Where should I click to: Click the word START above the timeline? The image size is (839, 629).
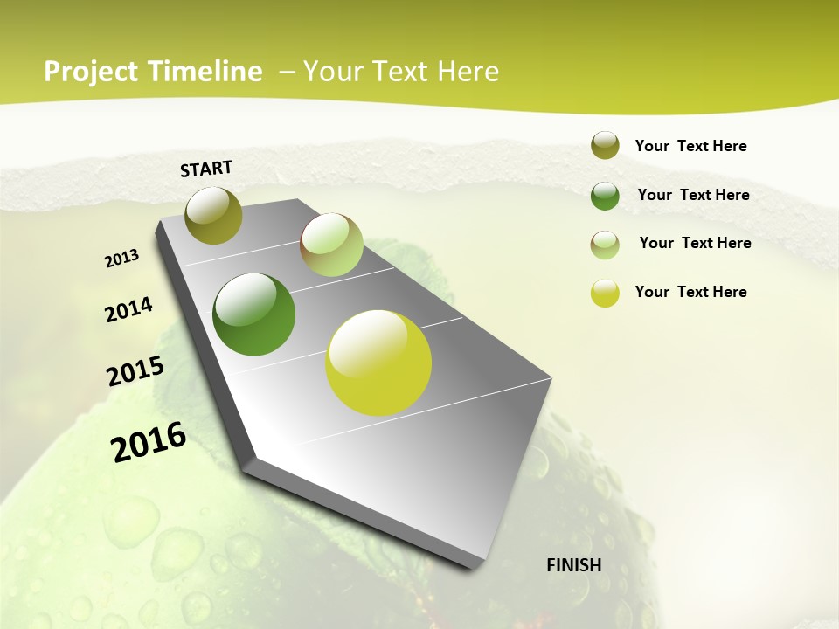(x=206, y=169)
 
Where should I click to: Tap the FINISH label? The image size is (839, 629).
(x=574, y=565)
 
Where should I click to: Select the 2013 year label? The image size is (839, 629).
(x=122, y=259)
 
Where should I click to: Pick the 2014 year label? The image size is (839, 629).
(x=128, y=310)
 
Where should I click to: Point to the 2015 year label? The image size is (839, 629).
(x=135, y=371)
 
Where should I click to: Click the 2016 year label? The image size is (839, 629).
(x=149, y=442)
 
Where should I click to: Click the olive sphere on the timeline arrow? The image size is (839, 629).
(x=213, y=215)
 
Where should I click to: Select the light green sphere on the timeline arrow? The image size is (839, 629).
(x=331, y=245)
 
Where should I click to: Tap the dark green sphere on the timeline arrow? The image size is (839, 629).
(x=254, y=314)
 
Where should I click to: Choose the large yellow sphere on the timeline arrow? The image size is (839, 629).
(x=378, y=363)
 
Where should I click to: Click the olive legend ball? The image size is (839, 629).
(x=605, y=146)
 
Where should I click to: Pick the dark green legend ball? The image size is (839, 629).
(x=605, y=196)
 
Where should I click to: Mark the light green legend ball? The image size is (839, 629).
(x=605, y=245)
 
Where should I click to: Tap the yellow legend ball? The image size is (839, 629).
(x=605, y=293)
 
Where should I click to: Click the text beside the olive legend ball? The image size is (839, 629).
(x=690, y=146)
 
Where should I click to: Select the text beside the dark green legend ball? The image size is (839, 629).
(x=693, y=195)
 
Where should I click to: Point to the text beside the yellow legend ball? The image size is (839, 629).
(x=690, y=292)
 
